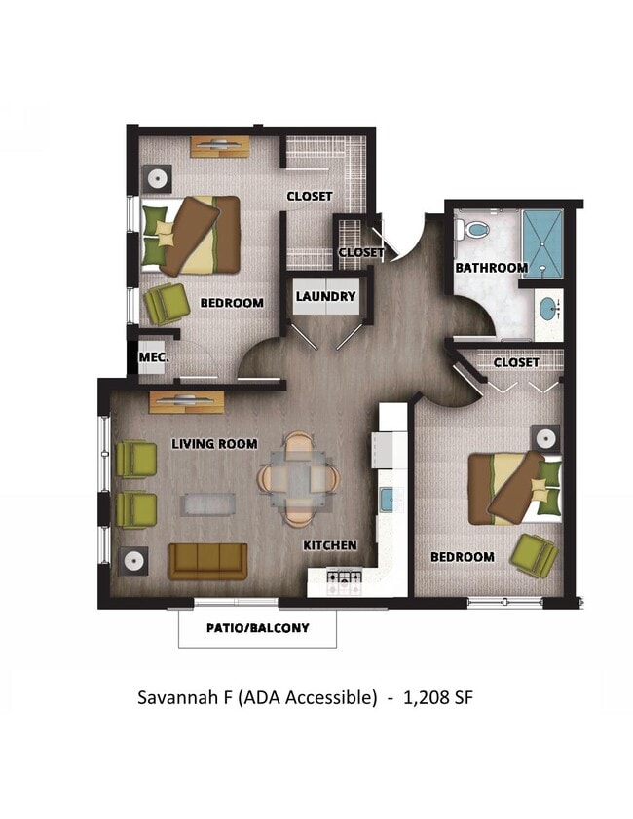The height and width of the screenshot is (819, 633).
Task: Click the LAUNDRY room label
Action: pos(325,296)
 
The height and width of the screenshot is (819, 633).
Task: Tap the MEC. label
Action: pos(153,357)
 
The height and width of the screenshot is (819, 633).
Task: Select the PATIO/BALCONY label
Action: pos(257,628)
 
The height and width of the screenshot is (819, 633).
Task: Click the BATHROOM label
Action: pos(491,267)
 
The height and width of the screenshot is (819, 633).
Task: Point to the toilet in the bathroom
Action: pos(474,230)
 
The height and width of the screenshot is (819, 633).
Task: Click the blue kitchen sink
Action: pos(387,500)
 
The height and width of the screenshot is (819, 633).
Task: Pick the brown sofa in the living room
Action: pos(208,561)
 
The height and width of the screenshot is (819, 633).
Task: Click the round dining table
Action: pos(299,478)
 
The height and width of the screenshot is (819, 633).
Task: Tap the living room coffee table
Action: pos(209,503)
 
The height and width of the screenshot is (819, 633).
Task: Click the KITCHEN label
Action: pos(329,545)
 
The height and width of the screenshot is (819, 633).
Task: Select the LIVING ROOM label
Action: pos(214,444)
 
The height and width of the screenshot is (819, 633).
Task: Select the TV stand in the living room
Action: pos(187,400)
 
